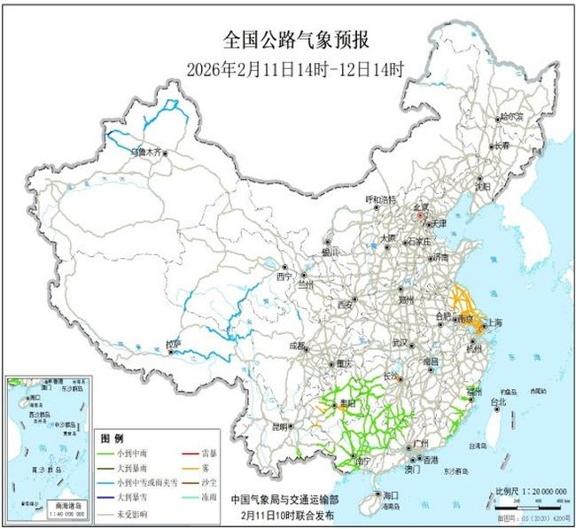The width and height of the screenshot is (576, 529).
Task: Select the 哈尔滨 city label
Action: (x=511, y=115)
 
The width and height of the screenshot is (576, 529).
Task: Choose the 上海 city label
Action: (x=494, y=323)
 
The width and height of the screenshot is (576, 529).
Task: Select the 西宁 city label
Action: (x=284, y=276)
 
